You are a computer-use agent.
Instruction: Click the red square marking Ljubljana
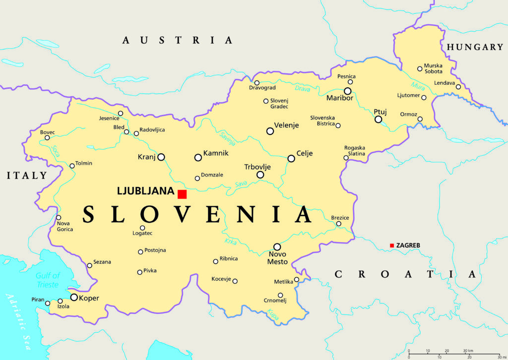click(x=182, y=194)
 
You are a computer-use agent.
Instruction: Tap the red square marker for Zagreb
click(x=392, y=245)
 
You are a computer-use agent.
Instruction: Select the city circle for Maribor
click(x=348, y=91)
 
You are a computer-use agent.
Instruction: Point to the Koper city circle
click(x=74, y=298)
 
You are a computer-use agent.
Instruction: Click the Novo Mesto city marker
click(x=277, y=246)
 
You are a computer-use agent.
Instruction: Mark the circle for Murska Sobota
click(x=420, y=69)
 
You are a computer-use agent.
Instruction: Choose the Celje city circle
click(x=291, y=158)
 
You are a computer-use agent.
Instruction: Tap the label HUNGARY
click(x=475, y=47)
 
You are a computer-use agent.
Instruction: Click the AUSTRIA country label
click(x=177, y=40)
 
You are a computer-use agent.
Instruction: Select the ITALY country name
click(x=27, y=176)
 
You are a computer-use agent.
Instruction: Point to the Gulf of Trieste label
click(x=47, y=280)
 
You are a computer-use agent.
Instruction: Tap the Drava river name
click(x=302, y=89)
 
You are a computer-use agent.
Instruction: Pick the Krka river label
click(x=231, y=241)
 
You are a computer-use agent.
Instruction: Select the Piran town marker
click(x=48, y=303)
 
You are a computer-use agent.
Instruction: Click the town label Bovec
click(x=48, y=132)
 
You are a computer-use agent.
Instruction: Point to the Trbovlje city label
click(x=257, y=167)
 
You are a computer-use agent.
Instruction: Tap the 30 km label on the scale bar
click(x=467, y=350)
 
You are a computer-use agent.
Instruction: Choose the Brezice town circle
click(x=339, y=224)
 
